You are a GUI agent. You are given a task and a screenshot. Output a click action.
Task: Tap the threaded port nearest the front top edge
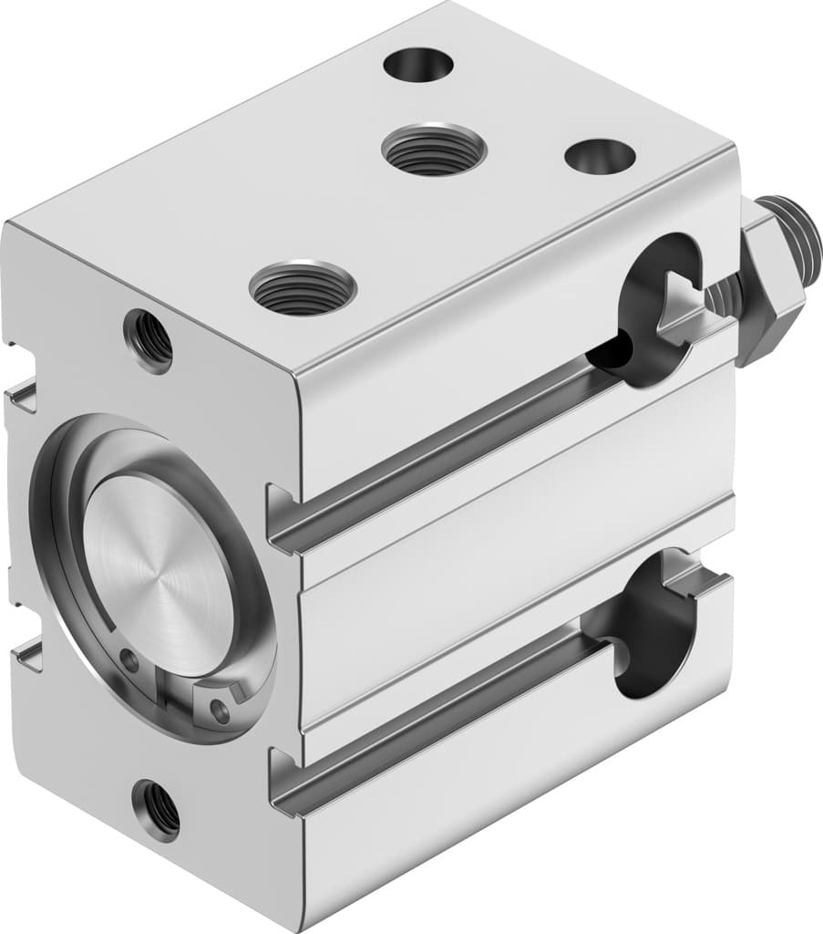[x=302, y=287]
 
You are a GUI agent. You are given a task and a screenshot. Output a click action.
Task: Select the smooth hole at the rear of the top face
[x=418, y=65]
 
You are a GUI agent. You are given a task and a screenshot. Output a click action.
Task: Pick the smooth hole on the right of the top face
[x=599, y=156]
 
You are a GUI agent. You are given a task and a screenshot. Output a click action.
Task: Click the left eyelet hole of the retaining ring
[x=131, y=661]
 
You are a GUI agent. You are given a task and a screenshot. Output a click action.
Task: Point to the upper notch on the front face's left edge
[x=24, y=391]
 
